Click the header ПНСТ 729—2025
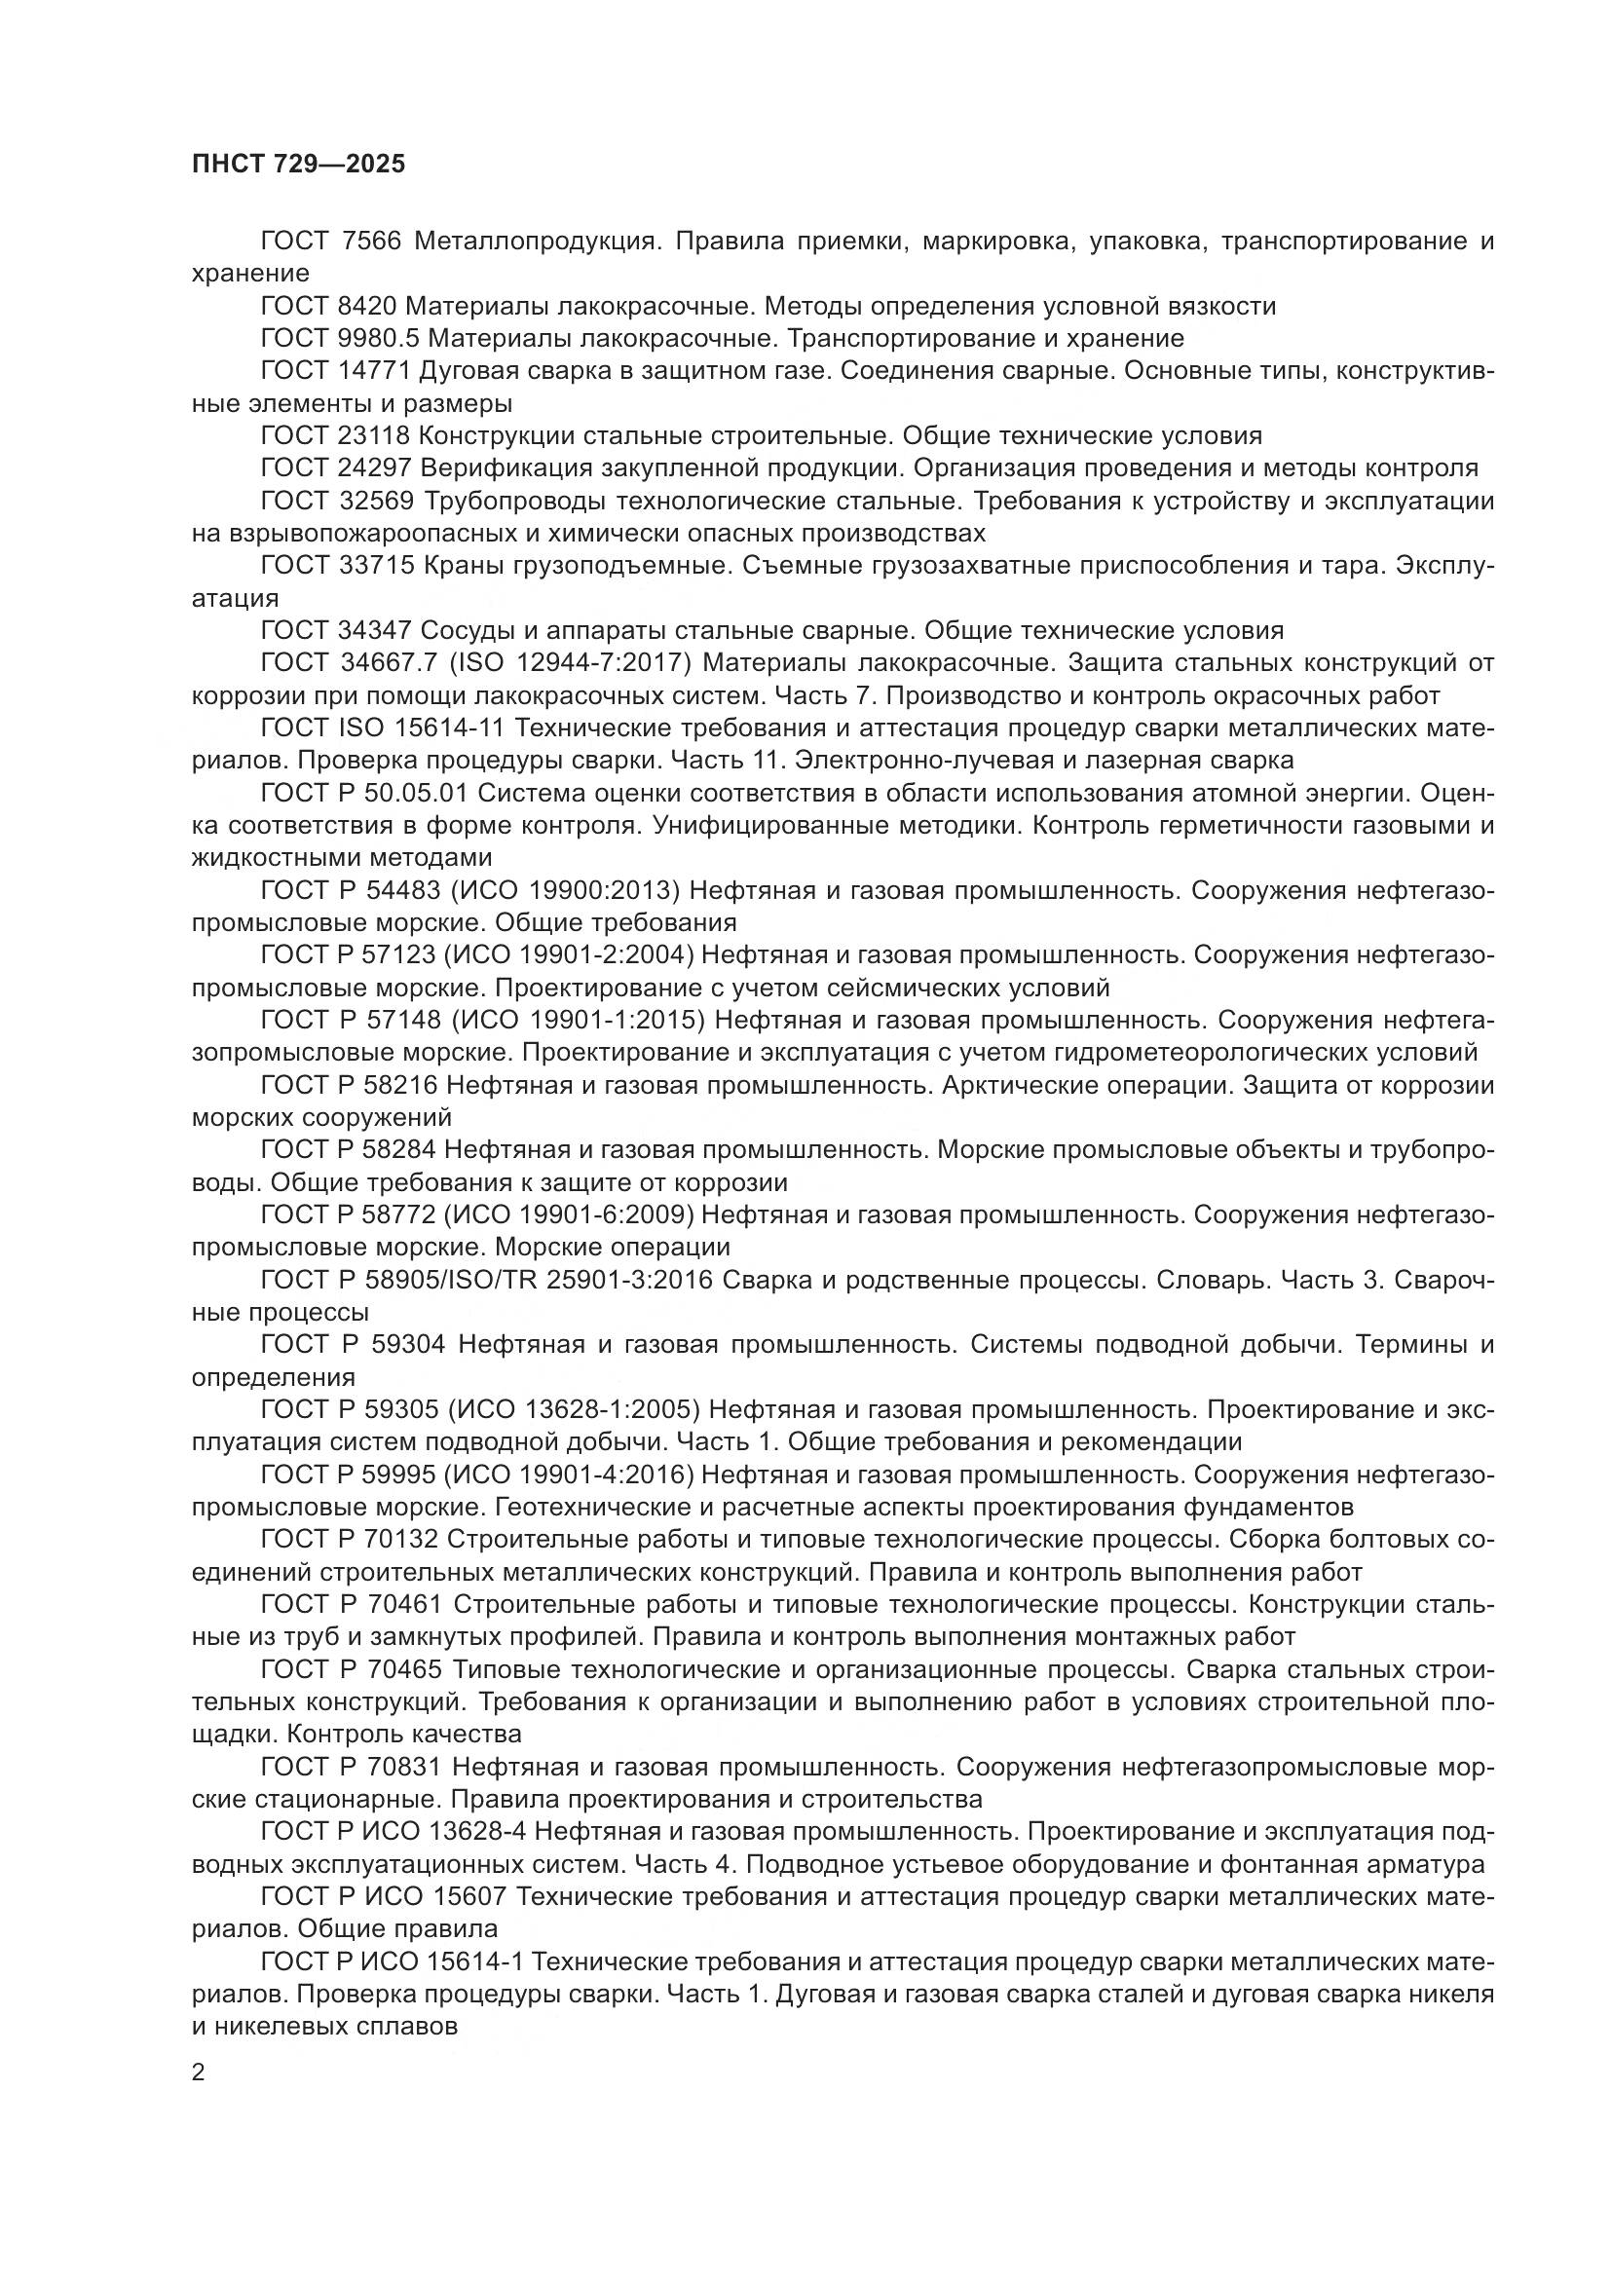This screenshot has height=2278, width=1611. [299, 165]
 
